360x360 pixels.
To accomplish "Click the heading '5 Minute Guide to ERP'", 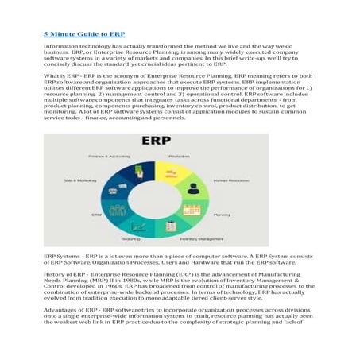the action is tap(83, 35).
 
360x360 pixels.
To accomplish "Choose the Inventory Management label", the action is tap(205, 238).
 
